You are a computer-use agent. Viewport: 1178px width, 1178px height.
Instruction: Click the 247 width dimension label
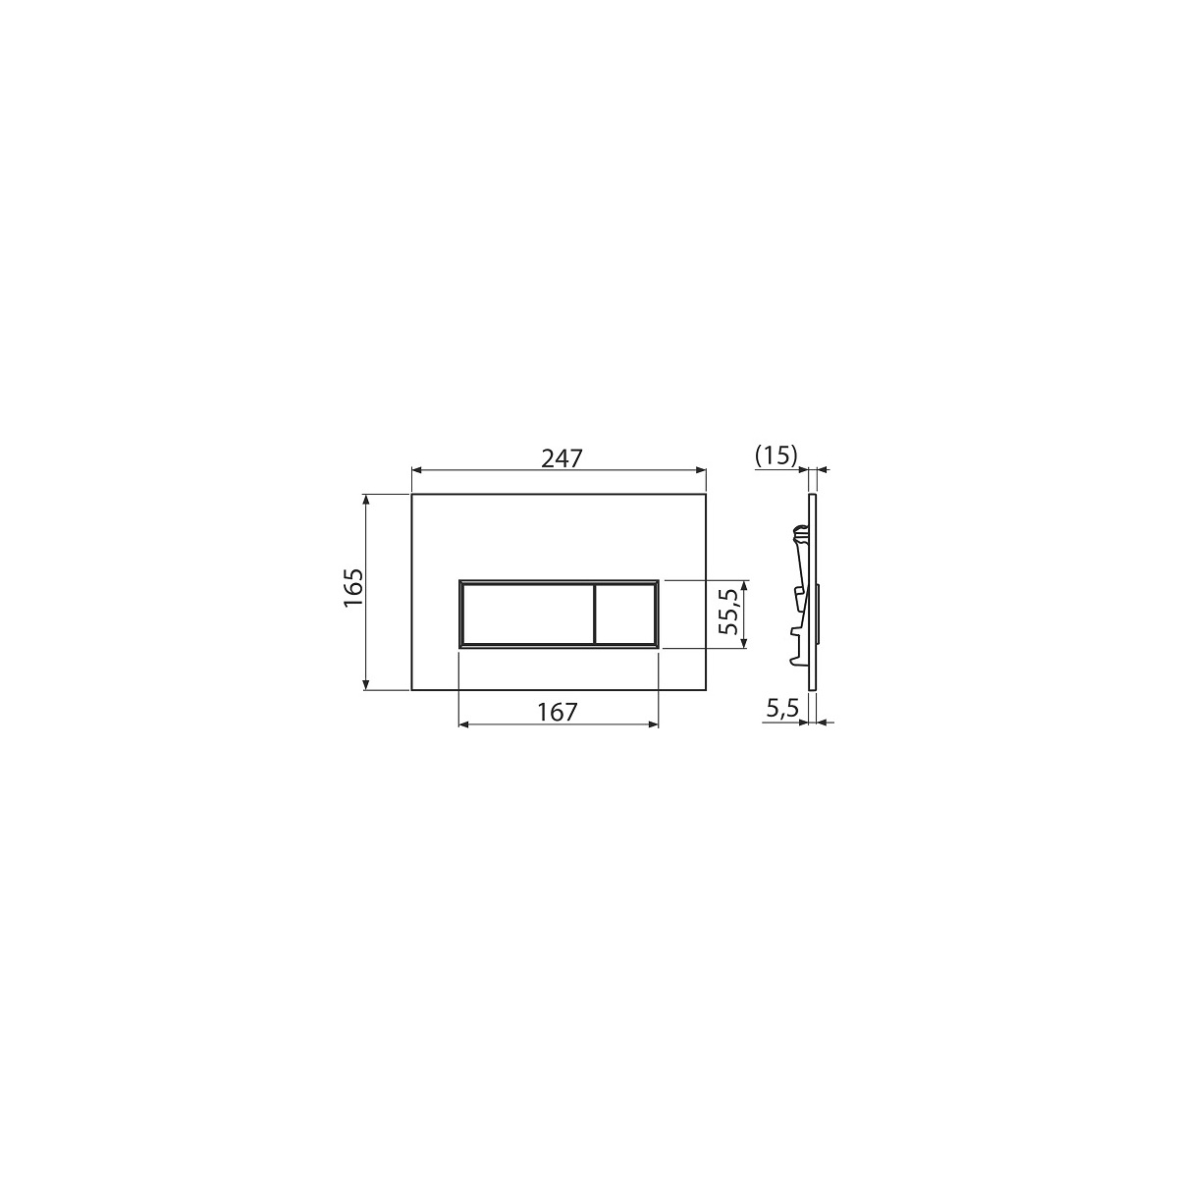tap(562, 457)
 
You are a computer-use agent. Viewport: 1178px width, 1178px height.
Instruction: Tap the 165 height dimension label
tap(353, 588)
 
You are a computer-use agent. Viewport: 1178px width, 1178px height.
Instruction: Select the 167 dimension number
tap(557, 712)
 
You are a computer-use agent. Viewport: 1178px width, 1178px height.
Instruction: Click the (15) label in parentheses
tap(776, 455)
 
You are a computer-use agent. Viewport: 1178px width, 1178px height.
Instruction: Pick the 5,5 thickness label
tap(782, 709)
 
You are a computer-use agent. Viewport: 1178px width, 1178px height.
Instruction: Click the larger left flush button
tap(527, 614)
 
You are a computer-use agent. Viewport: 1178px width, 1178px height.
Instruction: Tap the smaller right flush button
tap(624, 614)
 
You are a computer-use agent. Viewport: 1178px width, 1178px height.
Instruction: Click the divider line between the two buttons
tap(593, 614)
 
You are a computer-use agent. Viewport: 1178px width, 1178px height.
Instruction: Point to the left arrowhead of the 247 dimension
tap(416, 470)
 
